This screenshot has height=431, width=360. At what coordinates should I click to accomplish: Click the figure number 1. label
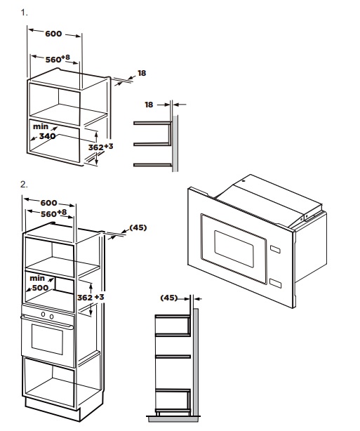click(x=24, y=13)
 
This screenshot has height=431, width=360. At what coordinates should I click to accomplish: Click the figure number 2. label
click(x=24, y=185)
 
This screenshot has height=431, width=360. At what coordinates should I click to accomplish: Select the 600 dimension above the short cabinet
click(x=53, y=34)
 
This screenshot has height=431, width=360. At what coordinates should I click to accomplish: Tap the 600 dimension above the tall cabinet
click(x=48, y=203)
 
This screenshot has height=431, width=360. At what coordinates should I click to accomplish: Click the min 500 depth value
click(x=39, y=283)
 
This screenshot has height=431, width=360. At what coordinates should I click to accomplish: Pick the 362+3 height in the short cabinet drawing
click(x=100, y=147)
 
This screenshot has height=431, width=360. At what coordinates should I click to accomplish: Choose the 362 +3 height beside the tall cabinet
click(x=91, y=298)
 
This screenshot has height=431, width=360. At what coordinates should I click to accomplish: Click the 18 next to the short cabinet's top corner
click(x=142, y=73)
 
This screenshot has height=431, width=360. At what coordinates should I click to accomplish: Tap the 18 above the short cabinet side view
click(x=149, y=105)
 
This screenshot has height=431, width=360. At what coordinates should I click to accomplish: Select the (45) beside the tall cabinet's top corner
click(x=138, y=227)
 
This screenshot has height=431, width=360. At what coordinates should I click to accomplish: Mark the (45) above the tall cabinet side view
click(x=169, y=298)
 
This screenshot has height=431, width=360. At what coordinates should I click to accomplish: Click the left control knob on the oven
click(x=43, y=314)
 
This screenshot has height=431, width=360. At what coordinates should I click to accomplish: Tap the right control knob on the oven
click(x=51, y=317)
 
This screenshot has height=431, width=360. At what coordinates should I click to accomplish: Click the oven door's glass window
click(x=47, y=339)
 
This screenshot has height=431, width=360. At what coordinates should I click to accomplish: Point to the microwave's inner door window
click(x=234, y=248)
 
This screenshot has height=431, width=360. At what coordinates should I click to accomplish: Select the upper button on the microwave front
click(x=275, y=249)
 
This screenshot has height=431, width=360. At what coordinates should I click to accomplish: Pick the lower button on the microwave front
click(x=275, y=284)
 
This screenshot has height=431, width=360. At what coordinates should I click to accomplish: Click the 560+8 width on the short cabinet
click(x=58, y=59)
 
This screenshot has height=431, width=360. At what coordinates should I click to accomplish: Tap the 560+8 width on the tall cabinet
click(x=53, y=213)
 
